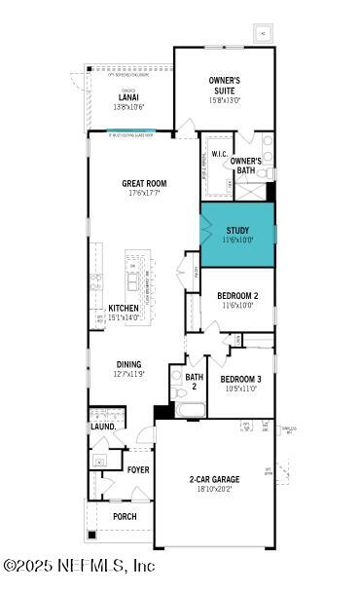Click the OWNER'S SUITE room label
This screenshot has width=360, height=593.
tap(223, 84)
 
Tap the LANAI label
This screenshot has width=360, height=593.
tap(127, 97)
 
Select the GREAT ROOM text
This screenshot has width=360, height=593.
tap(144, 182)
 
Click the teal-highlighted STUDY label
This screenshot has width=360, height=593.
tap(238, 231)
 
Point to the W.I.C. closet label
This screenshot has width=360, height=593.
tap(219, 155)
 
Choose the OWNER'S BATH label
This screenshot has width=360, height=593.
tap(245, 166)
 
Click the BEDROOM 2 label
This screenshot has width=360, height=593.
tap(236, 294)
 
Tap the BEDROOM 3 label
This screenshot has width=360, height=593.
tap(239, 379)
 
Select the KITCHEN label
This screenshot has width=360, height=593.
tap(124, 308)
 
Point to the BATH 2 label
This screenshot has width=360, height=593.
tap(195, 381)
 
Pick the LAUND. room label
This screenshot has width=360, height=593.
tap(103, 426)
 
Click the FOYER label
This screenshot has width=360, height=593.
tap(138, 469)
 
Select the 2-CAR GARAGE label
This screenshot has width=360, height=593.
tap(214, 479)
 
